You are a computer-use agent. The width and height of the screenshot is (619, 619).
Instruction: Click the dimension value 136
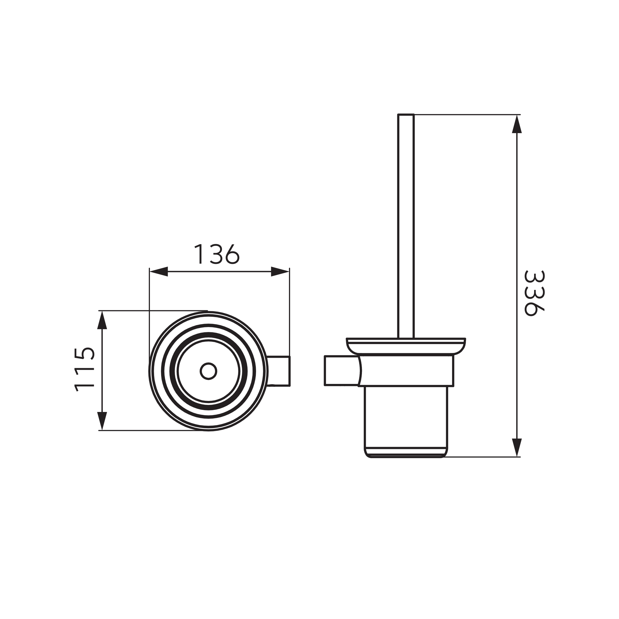(217, 254)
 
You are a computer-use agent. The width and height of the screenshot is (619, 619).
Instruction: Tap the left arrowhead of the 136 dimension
(159, 272)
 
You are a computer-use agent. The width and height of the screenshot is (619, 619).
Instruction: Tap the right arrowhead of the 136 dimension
(280, 272)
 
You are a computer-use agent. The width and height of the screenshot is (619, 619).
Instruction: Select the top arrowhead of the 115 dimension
(102, 320)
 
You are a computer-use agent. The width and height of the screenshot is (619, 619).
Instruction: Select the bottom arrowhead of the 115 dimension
(102, 421)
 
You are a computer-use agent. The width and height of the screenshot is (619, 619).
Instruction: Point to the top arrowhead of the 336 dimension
(517, 124)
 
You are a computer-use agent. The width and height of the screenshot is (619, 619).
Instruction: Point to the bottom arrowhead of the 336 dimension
(517, 448)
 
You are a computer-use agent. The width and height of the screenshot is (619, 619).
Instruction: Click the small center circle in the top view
(209, 371)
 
